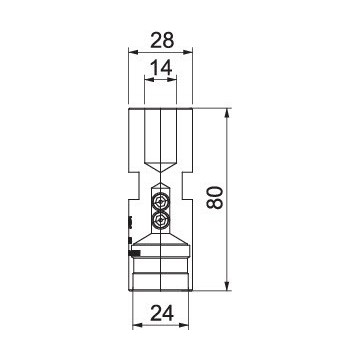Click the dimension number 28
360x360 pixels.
tap(162, 41)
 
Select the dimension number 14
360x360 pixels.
tap(161, 68)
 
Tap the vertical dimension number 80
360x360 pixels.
tap(214, 197)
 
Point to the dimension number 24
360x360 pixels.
tap(162, 313)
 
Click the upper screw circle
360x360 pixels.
tap(162, 201)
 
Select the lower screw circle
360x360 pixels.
tap(162, 220)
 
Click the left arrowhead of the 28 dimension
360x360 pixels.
tap(133, 52)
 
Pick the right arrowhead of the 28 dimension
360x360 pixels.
tap(188, 52)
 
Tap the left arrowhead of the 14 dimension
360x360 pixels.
tap(149, 79)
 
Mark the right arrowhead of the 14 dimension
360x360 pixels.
tap(171, 79)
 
